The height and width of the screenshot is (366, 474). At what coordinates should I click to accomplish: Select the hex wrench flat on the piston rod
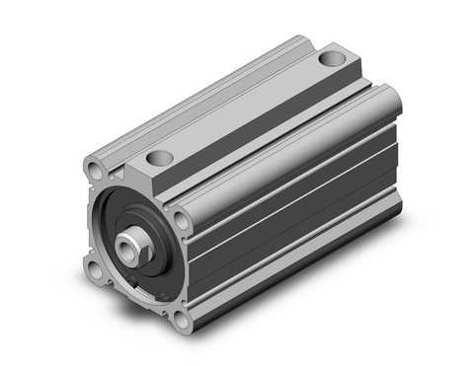(141, 248)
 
